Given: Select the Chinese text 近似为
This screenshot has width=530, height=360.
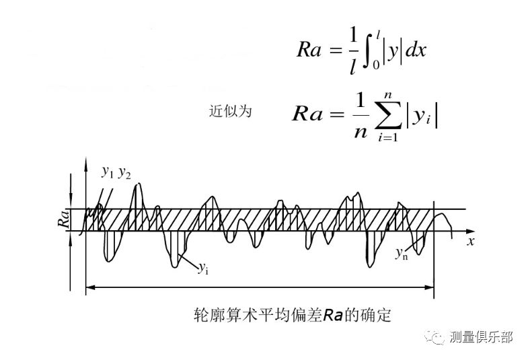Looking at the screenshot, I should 230,112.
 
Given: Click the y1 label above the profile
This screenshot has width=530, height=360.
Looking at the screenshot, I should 108,172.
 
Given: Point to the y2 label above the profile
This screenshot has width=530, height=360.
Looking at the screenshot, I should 124,173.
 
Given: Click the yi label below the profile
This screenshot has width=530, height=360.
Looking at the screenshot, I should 202,267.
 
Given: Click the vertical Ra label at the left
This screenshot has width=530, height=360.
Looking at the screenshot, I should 66,219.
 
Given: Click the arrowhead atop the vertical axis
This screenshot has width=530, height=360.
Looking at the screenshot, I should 85,164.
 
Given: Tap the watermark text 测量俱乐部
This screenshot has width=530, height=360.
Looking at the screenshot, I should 482,337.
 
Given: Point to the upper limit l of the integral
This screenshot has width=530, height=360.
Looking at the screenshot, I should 381,32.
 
